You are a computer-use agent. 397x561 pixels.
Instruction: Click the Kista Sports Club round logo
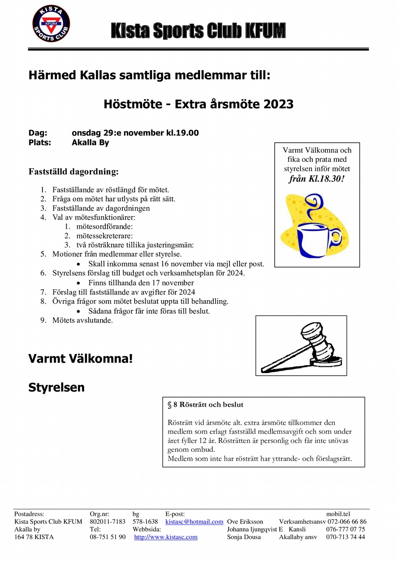coord(51,24)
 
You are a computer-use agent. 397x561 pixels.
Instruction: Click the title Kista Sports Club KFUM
coord(198,31)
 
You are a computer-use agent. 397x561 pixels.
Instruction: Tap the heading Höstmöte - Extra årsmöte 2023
coord(198,104)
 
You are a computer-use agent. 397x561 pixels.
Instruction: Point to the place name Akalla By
coord(90,142)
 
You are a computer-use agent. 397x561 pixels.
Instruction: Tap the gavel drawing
coord(301,346)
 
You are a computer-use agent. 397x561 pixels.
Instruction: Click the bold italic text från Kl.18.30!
coord(317,179)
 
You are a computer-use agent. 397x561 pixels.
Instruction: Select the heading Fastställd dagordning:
coord(73,171)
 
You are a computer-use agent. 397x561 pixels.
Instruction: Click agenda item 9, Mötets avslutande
coord(82,320)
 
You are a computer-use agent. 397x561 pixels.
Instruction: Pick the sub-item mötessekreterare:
coord(98,236)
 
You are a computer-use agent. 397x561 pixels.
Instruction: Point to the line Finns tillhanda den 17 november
coord(141,283)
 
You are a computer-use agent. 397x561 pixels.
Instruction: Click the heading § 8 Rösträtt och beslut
coord(205,405)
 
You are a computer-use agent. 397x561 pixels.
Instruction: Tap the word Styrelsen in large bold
coord(57,387)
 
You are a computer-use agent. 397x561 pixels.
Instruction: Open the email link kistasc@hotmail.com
coord(194,522)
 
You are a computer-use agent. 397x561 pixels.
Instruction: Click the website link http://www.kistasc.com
coord(166,537)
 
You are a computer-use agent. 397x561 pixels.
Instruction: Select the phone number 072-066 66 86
coord(346,522)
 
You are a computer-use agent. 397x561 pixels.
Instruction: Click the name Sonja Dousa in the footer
coord(244,537)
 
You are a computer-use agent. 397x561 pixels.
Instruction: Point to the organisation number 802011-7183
coord(107,522)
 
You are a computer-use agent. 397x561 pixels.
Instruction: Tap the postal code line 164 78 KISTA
coord(34,537)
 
